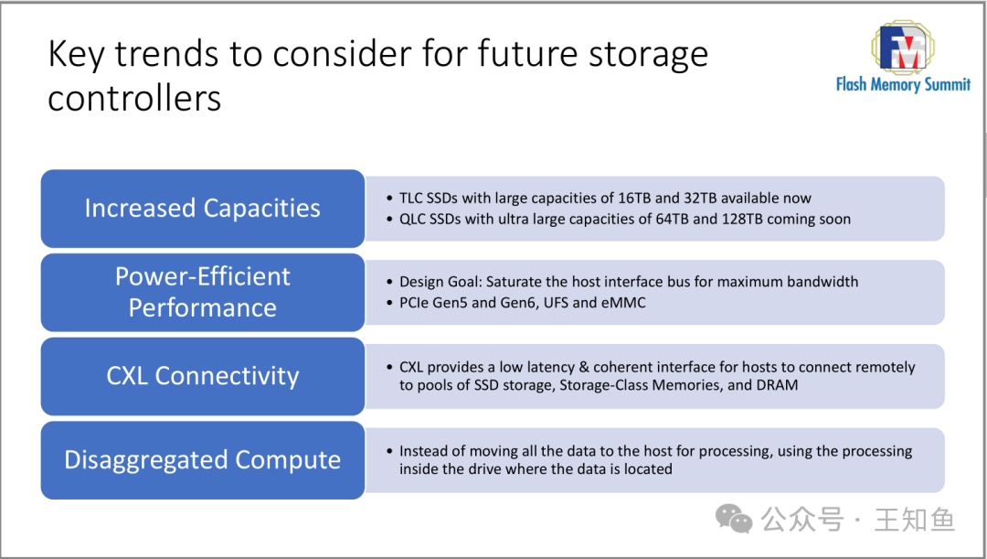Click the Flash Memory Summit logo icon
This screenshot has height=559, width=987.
click(x=903, y=48)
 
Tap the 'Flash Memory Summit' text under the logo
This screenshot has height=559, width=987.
click(x=903, y=84)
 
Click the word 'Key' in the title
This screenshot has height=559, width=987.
click(x=76, y=55)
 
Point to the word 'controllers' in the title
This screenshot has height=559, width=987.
click(x=134, y=99)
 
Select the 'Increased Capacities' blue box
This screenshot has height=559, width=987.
click(x=203, y=209)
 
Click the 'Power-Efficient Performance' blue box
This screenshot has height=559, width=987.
click(x=203, y=293)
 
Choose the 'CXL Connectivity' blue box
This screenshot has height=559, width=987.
click(x=203, y=376)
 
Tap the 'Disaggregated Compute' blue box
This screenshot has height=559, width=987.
click(x=203, y=460)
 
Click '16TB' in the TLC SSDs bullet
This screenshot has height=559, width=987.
click(x=634, y=199)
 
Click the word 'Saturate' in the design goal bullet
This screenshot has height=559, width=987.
click(x=512, y=282)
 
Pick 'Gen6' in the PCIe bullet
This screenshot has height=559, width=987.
click(x=516, y=303)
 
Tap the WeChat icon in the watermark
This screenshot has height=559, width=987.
click(x=733, y=519)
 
